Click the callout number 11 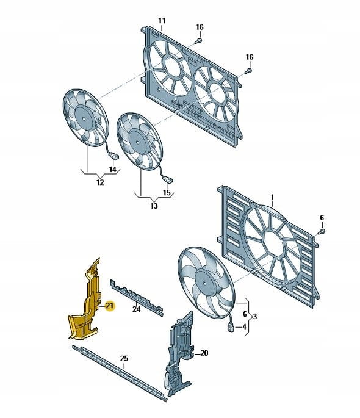(x=162, y=21)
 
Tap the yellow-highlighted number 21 (x=109, y=306)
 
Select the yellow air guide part (x=85, y=301)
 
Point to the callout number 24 (x=136, y=309)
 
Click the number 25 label (x=124, y=359)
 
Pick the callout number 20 (x=204, y=353)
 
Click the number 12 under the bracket (x=100, y=182)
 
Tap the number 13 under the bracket (x=154, y=206)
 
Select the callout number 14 (x=113, y=169)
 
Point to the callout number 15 (x=167, y=192)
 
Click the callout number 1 (x=272, y=197)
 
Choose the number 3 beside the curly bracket (x=255, y=317)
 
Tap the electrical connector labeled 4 (x=231, y=327)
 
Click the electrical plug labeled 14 (x=113, y=156)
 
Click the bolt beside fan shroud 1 (x=322, y=231)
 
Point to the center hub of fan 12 (x=84, y=118)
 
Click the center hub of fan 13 (x=137, y=142)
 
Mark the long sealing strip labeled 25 (x=120, y=373)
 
